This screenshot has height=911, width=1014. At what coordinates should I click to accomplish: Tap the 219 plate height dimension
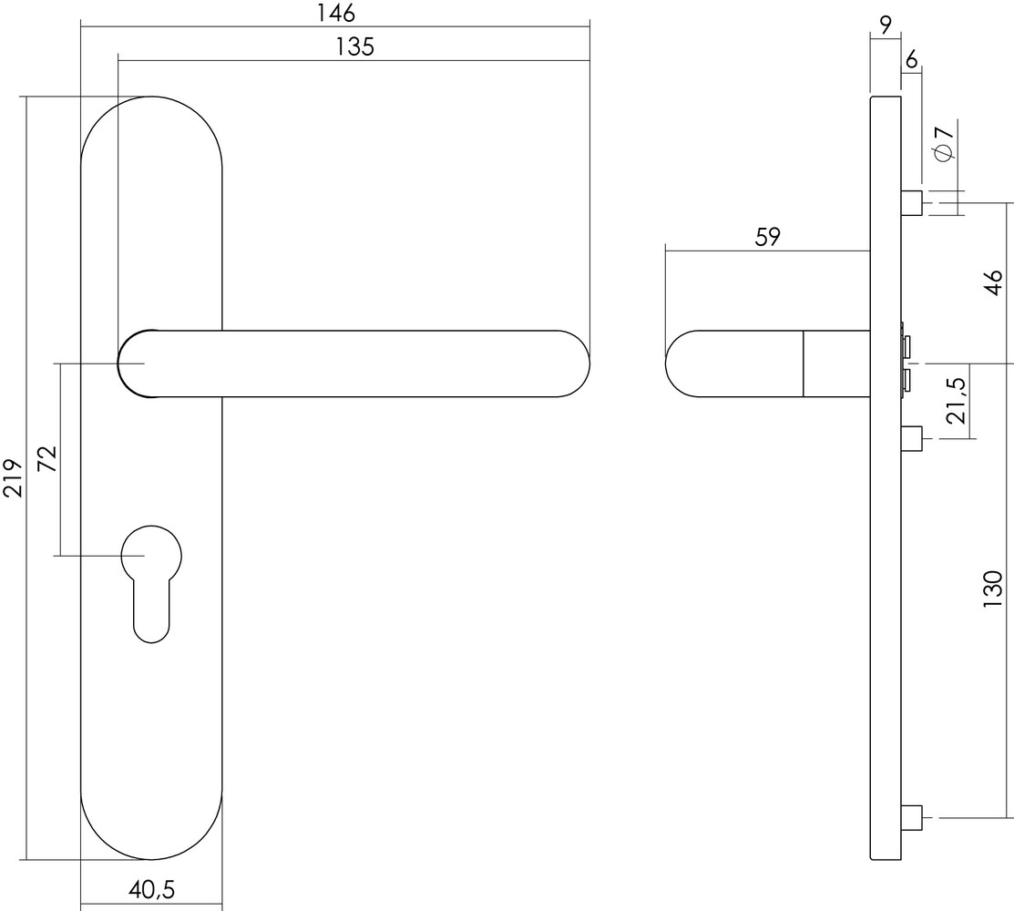[x=13, y=477]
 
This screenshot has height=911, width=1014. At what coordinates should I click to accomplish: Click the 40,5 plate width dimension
[x=151, y=887]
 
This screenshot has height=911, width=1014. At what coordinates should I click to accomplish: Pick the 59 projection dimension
[x=767, y=237]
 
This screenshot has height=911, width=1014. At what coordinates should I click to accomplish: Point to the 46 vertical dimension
[x=994, y=282]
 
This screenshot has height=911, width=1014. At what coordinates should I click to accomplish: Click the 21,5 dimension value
[x=956, y=401]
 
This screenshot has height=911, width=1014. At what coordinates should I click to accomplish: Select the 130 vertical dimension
[x=994, y=589]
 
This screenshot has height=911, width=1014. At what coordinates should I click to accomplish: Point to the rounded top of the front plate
[x=151, y=118]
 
